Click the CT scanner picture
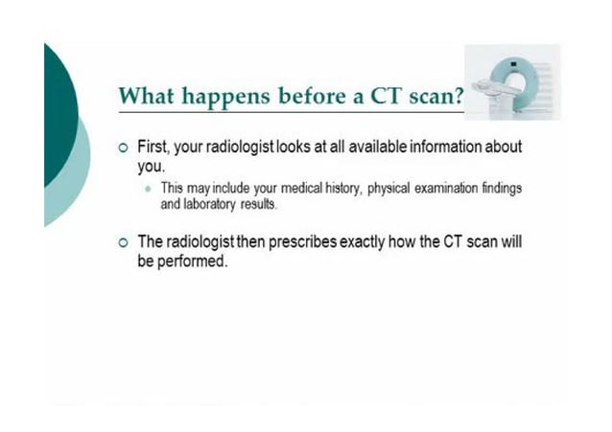pyautogui.click(x=512, y=81)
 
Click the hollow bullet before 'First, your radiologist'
pyautogui.click(x=121, y=149)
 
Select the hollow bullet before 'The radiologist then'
pyautogui.click(x=121, y=243)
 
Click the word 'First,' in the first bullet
pyautogui.click(x=156, y=148)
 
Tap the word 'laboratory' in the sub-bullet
pyautogui.click(x=208, y=204)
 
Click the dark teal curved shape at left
pyautogui.click(x=58, y=115)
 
